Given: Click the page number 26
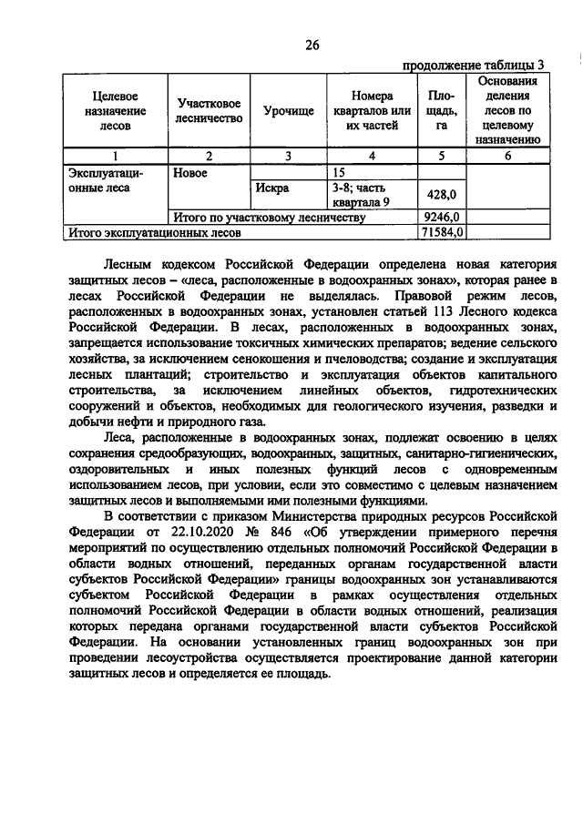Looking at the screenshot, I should point(312,46).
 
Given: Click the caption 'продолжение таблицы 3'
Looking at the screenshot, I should point(473,65).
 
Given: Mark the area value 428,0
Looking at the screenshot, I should point(441,195).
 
